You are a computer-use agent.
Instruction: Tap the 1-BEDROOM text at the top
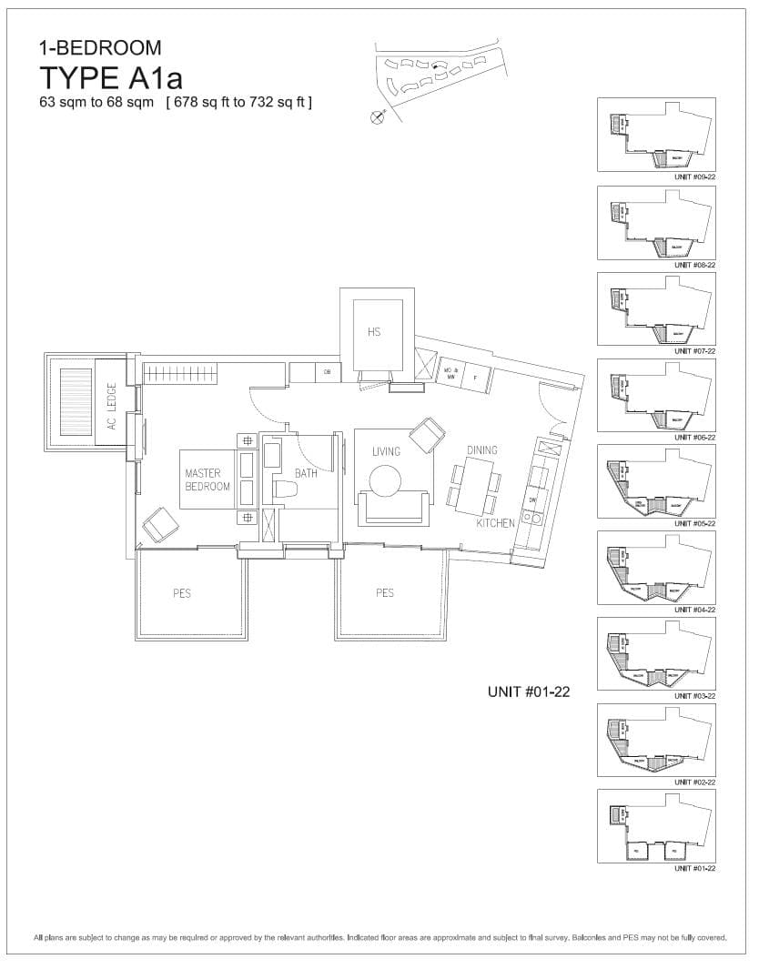(x=100, y=47)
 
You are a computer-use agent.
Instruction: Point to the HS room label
(x=374, y=332)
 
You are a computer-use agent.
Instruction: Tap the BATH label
(x=305, y=473)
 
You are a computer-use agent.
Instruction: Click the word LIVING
(x=386, y=451)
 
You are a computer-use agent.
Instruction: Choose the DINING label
(x=481, y=449)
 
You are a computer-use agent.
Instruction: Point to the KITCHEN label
(x=495, y=523)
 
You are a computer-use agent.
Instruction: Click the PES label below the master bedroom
(x=182, y=593)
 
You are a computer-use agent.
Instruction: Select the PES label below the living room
(x=385, y=592)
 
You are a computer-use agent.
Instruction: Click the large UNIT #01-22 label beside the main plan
(x=529, y=692)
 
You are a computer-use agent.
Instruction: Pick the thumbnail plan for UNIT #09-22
(x=656, y=135)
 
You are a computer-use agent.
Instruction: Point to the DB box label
(x=327, y=372)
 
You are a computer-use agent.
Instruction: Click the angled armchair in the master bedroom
(x=161, y=524)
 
